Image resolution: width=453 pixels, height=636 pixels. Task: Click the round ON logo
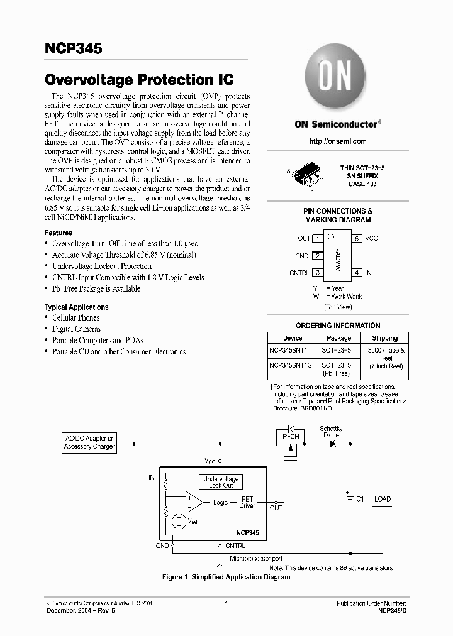(335, 79)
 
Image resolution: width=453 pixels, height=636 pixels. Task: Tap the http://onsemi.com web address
(335, 143)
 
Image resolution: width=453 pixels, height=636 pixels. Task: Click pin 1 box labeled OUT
(319, 239)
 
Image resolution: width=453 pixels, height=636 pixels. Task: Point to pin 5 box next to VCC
(356, 239)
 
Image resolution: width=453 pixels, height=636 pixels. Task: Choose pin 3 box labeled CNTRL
(319, 273)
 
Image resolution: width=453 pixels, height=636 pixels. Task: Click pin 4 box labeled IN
(356, 273)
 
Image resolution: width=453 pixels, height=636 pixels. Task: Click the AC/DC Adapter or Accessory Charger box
(89, 442)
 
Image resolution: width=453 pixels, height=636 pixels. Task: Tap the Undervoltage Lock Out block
(221, 482)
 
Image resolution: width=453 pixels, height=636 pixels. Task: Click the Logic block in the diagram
(220, 502)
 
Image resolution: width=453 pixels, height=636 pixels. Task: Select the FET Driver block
(247, 502)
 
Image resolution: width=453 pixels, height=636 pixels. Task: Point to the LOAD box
(382, 499)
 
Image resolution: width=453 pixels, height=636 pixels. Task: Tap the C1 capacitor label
(361, 499)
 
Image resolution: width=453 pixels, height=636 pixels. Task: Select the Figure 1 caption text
(226, 577)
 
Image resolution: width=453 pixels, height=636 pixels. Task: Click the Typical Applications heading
(76, 307)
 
